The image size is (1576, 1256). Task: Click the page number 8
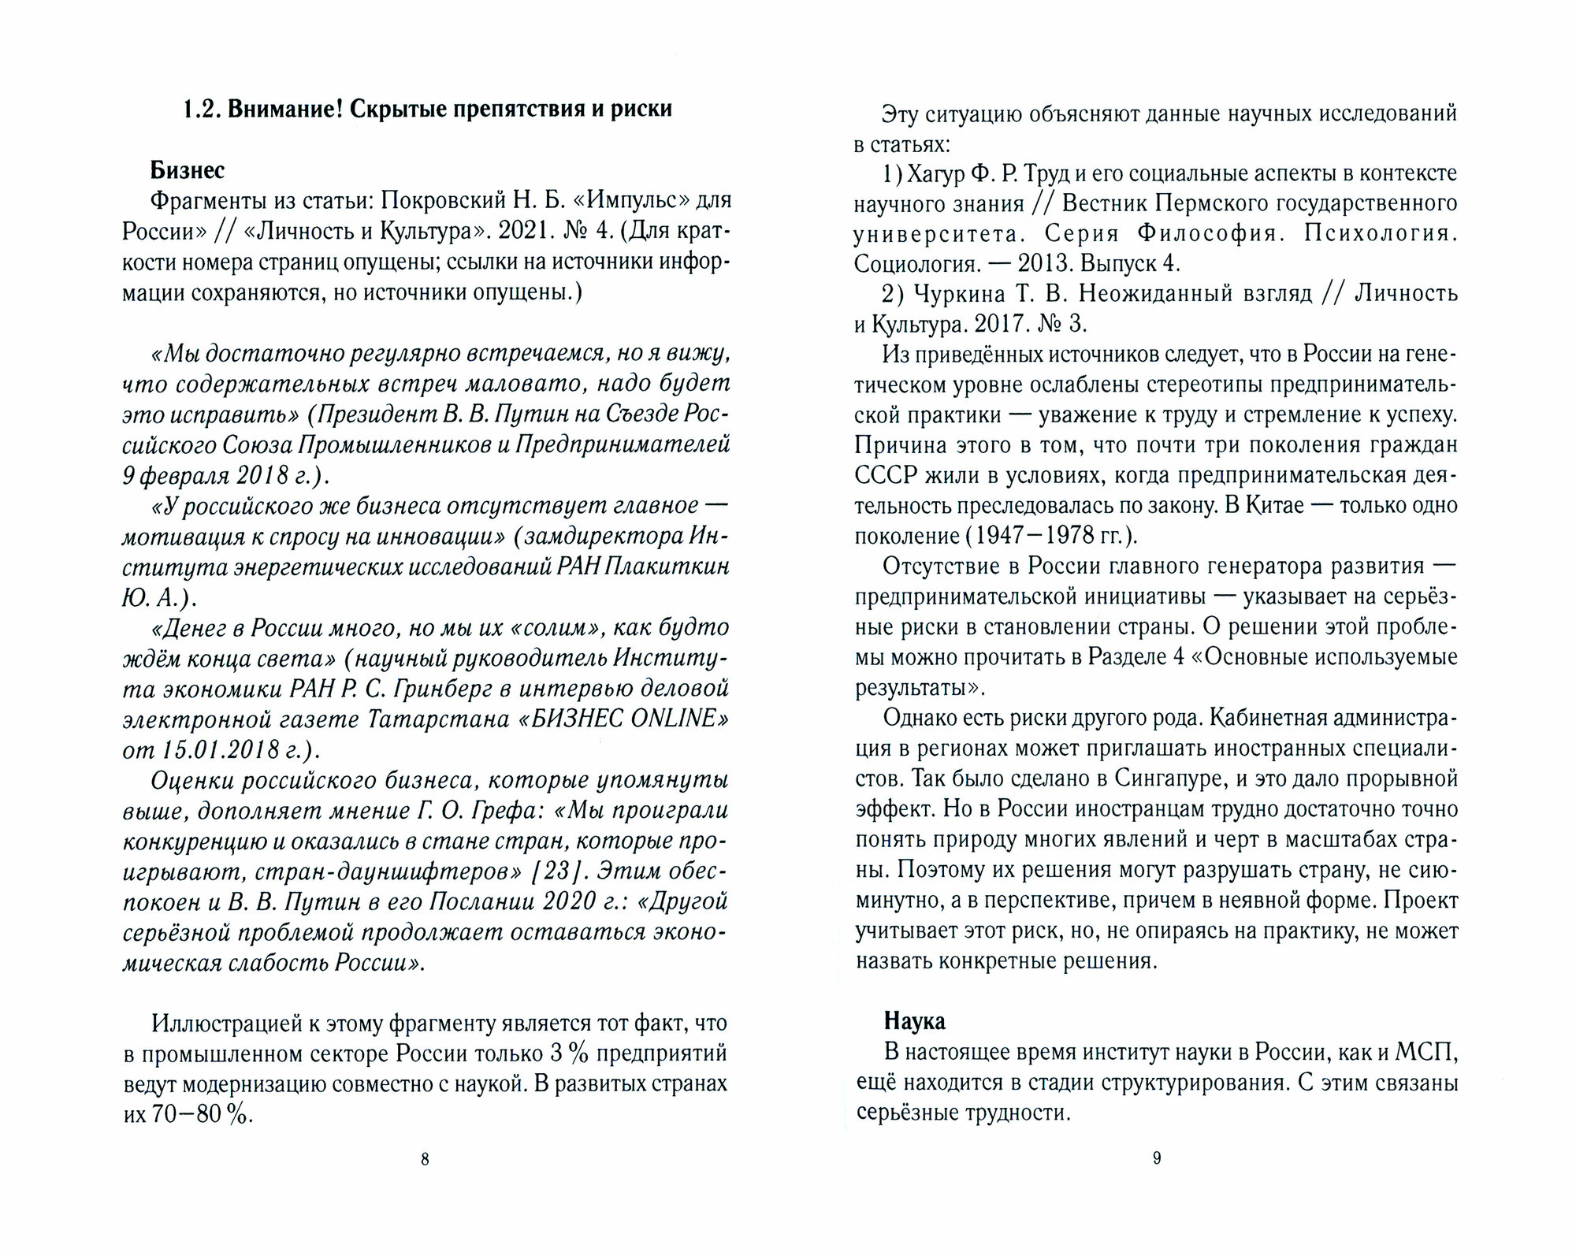pos(425,1159)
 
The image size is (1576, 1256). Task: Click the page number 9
pos(1157,1158)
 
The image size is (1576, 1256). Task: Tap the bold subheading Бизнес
pos(188,170)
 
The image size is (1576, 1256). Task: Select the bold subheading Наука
pos(914,1021)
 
